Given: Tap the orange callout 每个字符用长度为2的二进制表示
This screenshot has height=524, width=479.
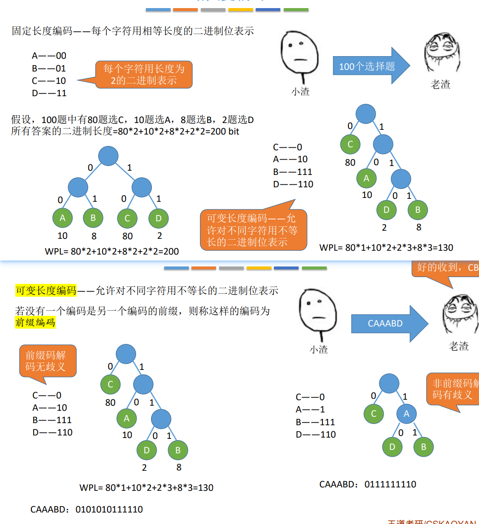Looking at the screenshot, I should (144, 74).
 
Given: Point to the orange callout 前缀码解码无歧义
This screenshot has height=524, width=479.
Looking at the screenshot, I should (47, 361).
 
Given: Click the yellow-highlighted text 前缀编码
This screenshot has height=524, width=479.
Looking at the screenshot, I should (35, 322).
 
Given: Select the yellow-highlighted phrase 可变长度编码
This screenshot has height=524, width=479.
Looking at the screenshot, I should (46, 290).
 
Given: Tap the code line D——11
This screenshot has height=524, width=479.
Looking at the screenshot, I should (49, 93).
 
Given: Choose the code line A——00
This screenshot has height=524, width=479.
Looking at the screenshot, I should (49, 56).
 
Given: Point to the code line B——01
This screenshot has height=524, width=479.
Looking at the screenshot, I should (49, 69).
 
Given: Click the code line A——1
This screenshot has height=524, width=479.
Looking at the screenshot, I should (310, 409).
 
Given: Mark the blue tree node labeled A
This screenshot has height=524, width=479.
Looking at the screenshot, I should (406, 414).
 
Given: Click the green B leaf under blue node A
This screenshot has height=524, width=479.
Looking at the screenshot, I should (423, 447).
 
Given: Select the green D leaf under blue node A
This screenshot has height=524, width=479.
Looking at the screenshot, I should (392, 447).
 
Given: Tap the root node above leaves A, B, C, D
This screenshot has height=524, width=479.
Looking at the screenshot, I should (108, 156).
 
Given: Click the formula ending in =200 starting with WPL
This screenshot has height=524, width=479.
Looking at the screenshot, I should (112, 252).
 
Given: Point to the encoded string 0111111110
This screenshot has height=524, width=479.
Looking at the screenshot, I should (390, 484).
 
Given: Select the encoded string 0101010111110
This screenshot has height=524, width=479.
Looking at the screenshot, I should (109, 510).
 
